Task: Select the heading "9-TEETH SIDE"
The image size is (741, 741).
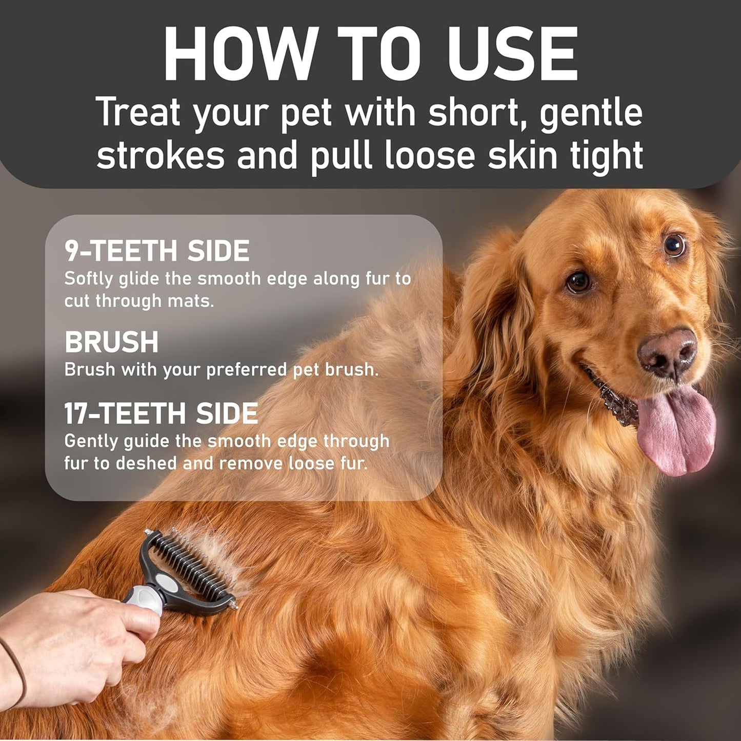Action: point(157,251)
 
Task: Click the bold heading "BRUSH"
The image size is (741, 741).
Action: point(111,342)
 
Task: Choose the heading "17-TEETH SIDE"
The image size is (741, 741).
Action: point(161,414)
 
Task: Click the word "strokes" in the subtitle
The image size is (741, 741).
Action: point(161,155)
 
